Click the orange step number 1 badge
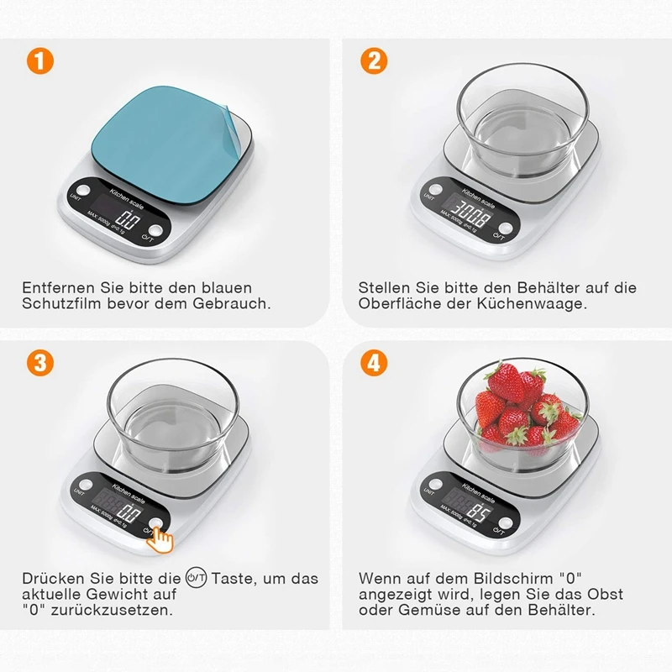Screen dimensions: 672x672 [x=40, y=60]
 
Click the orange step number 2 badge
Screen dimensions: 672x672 [x=374, y=60]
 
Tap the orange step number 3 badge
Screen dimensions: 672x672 [x=40, y=364]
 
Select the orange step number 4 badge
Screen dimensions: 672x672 [x=374, y=364]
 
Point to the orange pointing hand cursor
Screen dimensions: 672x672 [x=160, y=539]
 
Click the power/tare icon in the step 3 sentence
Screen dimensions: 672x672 [x=196, y=578]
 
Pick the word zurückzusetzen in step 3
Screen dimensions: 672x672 [x=112, y=610]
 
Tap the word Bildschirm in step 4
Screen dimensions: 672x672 [x=513, y=578]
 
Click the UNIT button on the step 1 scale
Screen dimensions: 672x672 [x=83, y=190]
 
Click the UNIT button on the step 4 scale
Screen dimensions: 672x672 [x=435, y=485]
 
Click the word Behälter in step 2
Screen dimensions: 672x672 [x=549, y=287]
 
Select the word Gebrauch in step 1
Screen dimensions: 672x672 [x=232, y=303]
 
